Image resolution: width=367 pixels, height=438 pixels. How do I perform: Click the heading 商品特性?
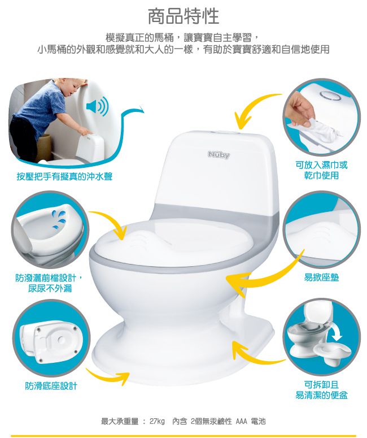[x=183, y=16]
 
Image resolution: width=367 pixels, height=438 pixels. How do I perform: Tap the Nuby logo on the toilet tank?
[x=219, y=154]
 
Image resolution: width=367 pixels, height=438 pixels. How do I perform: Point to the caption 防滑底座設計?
[x=51, y=386]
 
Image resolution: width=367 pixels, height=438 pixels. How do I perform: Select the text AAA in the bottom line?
[x=241, y=421]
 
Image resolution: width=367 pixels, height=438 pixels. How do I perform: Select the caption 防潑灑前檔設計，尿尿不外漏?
[x=50, y=283]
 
